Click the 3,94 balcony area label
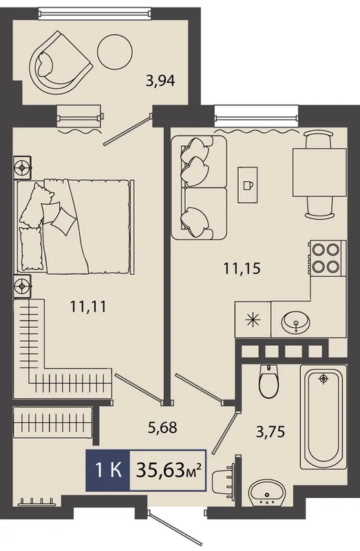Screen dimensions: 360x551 (160, 81)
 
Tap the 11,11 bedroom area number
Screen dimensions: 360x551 (88, 306)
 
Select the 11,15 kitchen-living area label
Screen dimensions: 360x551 (242, 269)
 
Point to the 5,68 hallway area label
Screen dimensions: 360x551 (162, 427)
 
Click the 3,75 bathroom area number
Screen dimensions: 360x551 (270, 432)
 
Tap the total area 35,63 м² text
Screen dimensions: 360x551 (168, 470)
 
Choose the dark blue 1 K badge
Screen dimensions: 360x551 (108, 470)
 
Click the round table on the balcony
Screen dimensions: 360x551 (115, 51)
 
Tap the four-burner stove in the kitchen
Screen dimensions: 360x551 (328, 258)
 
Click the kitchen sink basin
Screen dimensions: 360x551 (296, 321)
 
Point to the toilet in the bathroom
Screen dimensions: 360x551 (268, 381)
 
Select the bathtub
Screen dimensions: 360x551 (323, 417)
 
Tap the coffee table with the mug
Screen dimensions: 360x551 (248, 185)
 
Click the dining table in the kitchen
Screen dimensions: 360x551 (319, 172)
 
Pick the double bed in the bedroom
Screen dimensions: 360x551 (76, 227)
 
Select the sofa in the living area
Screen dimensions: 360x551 (199, 187)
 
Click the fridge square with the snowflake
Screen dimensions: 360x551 (253, 320)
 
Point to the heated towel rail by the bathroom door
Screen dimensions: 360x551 (224, 478)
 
